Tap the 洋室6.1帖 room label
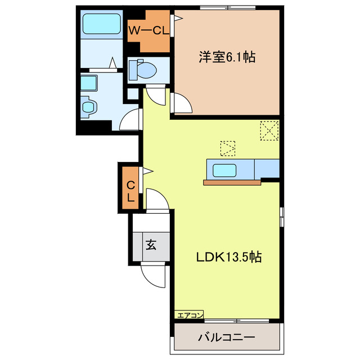coord(226,57)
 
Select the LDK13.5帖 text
coord(228,257)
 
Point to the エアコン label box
coord(189,315)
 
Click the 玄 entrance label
coord(152,245)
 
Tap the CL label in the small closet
coord(130,191)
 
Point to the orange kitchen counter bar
coord(232,182)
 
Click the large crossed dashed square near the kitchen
coord(269,131)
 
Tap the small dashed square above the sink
coord(228,148)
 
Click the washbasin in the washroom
coord(89,105)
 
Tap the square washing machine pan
coord(88,83)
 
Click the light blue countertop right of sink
coord(267,168)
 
